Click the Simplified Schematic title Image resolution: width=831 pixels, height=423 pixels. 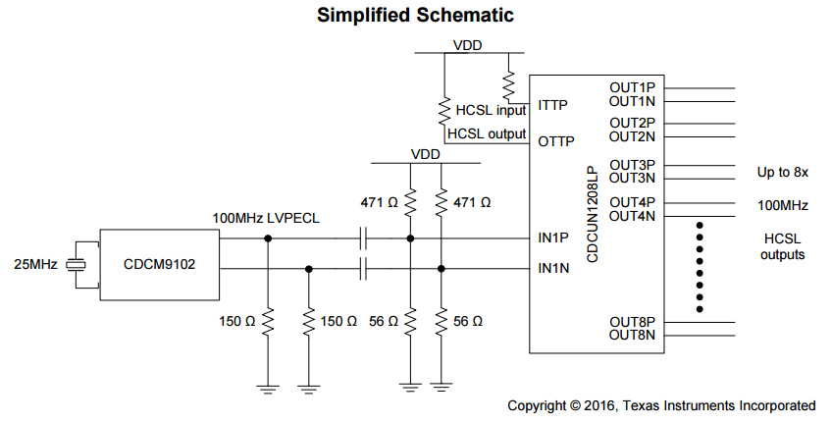coord(415,16)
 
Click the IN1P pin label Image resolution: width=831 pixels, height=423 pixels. coord(554,238)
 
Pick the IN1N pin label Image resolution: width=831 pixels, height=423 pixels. coord(554,267)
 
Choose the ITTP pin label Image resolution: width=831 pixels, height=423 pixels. coord(554,104)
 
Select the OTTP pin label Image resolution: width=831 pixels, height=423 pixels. coord(556,141)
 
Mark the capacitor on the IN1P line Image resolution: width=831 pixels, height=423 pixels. coord(364,238)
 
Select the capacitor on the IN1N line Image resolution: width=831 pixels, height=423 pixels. coord(364,267)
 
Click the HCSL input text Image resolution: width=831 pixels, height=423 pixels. coord(492,110)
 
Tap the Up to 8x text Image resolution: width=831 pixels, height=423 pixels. coord(782,173)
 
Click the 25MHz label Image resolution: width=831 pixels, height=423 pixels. coord(35,264)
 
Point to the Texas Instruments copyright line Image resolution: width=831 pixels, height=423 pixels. coord(661,405)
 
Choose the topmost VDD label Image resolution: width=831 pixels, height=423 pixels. coord(468,45)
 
